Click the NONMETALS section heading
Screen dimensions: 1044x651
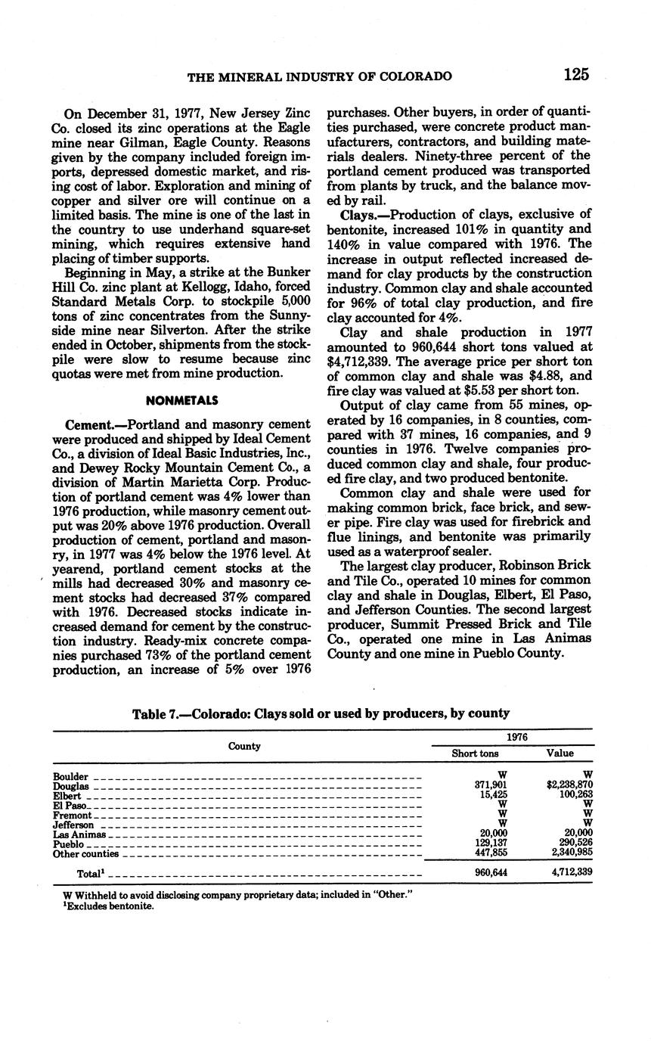click(x=181, y=400)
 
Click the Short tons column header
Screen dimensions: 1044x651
click(x=475, y=753)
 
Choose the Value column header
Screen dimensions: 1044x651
click(x=560, y=753)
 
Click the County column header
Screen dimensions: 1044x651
click(x=244, y=746)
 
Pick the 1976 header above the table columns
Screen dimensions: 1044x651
click(x=517, y=737)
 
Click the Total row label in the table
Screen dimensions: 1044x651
click(x=89, y=873)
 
